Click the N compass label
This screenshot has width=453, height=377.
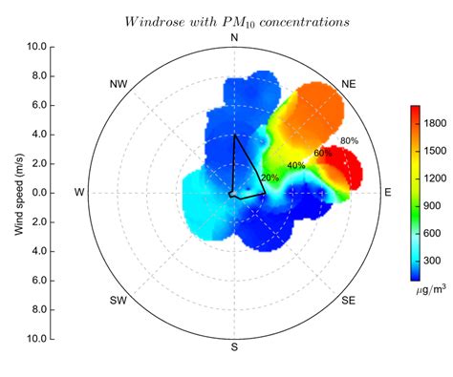(234, 36)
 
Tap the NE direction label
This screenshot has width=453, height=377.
(349, 84)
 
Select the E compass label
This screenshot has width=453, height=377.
(388, 192)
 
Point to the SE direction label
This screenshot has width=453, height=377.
(349, 301)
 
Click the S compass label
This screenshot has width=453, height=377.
(234, 346)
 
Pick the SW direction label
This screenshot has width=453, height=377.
(119, 301)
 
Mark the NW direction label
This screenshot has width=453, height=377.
(119, 84)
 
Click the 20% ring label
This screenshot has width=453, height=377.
(270, 178)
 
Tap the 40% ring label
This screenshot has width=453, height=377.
(296, 165)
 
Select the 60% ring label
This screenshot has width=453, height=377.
(322, 153)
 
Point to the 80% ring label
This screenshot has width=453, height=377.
(349, 141)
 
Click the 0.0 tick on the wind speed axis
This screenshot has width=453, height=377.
(39, 193)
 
